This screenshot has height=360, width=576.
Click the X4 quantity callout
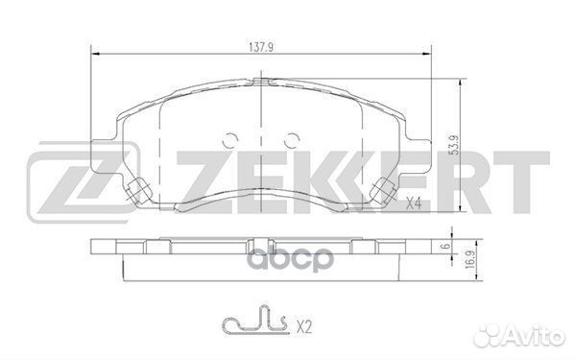[415, 203]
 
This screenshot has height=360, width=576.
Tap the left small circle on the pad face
[229, 138]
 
